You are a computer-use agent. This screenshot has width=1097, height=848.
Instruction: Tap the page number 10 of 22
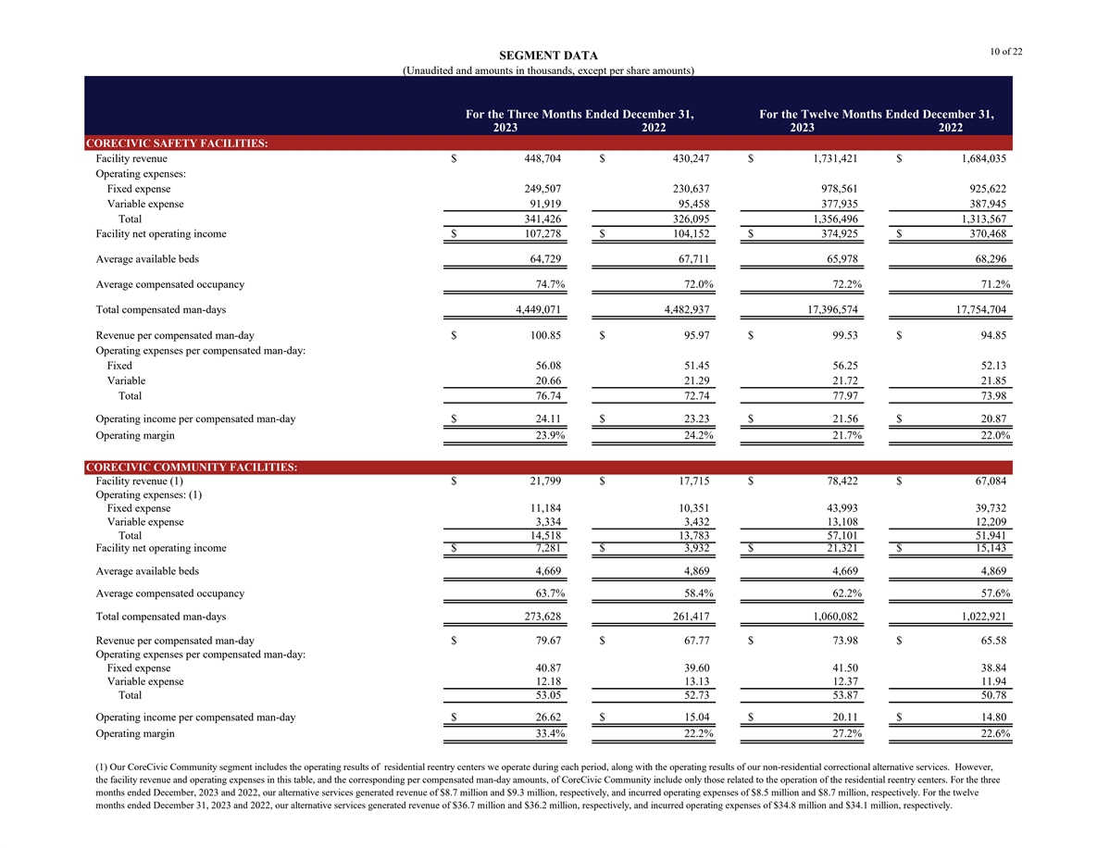pyautogui.click(x=1005, y=51)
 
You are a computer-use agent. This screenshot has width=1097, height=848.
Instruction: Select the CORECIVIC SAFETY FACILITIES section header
pyautogui.click(x=177, y=143)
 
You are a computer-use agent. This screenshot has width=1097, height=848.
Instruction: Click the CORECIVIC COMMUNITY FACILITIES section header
pyautogui.click(x=191, y=468)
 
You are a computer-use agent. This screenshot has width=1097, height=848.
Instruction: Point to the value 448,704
pyautogui.click(x=539, y=159)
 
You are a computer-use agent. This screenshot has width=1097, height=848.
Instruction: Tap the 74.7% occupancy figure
pyautogui.click(x=545, y=284)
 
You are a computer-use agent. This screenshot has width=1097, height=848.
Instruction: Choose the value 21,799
pyautogui.click(x=542, y=480)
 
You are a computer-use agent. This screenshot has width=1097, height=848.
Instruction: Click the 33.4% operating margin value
pyautogui.click(x=545, y=734)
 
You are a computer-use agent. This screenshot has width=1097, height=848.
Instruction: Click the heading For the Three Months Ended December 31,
pyautogui.click(x=580, y=115)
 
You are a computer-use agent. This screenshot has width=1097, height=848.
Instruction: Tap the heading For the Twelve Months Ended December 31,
pyautogui.click(x=876, y=115)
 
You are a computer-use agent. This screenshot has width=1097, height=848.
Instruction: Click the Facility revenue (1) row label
pyautogui.click(x=140, y=480)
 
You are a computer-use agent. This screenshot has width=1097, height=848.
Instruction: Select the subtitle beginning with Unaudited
pyautogui.click(x=549, y=70)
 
